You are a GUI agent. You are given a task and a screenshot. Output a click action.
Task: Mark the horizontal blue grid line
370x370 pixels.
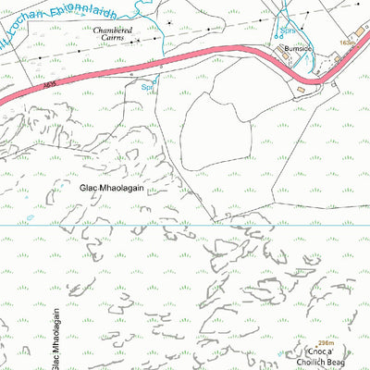click(185, 225)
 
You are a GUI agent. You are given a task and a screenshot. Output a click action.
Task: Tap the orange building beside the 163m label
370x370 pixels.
click(339, 57)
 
